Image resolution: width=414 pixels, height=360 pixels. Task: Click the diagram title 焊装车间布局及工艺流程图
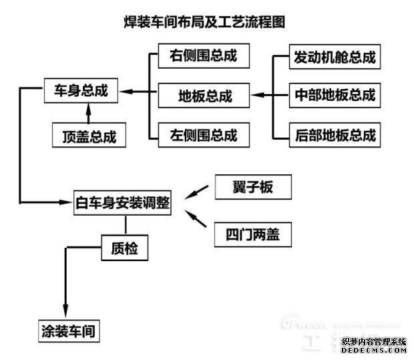(205, 22)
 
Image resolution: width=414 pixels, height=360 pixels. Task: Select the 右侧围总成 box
(204, 56)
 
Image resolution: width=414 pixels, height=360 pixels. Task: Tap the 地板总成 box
(204, 96)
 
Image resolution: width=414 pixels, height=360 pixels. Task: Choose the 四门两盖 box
(253, 234)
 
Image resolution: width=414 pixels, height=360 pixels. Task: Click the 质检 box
(124, 248)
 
